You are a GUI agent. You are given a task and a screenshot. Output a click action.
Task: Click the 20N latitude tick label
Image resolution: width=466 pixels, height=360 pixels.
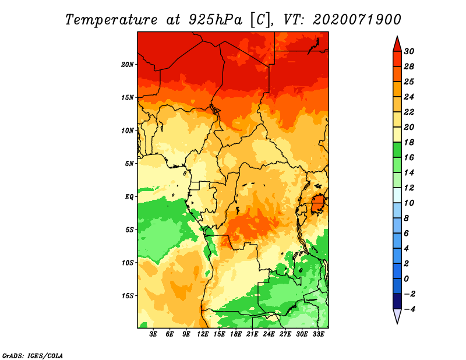pos(128,65)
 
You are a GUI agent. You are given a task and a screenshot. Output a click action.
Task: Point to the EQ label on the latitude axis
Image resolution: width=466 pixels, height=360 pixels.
pos(129,197)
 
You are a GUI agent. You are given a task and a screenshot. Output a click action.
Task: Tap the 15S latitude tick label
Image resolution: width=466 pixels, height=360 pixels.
pos(128,296)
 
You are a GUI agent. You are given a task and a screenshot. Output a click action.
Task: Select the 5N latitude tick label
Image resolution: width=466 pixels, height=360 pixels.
pos(129,164)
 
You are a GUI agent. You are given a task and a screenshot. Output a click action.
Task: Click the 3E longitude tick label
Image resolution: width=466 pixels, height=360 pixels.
pos(153,334)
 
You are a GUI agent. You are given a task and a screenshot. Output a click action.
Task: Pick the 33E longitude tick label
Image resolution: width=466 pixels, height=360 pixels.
pos(318,334)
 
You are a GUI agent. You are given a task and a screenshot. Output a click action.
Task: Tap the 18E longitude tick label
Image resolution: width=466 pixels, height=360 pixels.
pos(236,334)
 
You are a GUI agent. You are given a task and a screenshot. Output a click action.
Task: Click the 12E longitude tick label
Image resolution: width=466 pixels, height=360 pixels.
pos(203,334)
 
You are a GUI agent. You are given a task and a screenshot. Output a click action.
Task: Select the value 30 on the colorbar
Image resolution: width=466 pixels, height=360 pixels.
pos(409,51)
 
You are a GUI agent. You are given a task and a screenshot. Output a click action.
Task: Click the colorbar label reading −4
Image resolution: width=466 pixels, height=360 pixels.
pos(409,309)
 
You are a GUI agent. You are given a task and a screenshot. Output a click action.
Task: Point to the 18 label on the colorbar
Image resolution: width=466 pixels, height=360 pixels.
pos(409,142)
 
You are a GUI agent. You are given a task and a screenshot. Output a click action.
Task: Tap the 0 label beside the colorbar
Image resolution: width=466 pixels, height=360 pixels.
pos(407,279)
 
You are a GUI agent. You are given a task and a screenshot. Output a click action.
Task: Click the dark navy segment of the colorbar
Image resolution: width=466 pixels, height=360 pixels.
pos(397,301)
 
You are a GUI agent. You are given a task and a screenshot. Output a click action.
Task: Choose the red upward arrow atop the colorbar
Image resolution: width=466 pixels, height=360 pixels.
pos(397,44)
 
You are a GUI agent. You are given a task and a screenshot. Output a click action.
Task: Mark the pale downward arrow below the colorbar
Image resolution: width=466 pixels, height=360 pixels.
pos(397,316)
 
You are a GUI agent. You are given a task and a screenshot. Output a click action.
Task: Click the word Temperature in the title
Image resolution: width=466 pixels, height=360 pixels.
pos(111,20)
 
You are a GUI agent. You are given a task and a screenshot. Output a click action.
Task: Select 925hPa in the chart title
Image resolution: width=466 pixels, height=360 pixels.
pos(216,20)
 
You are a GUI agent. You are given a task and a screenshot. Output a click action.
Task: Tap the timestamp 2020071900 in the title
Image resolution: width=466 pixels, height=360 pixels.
pos(357,20)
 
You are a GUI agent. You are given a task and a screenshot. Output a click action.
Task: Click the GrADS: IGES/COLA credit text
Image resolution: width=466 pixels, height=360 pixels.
pos(33,356)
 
